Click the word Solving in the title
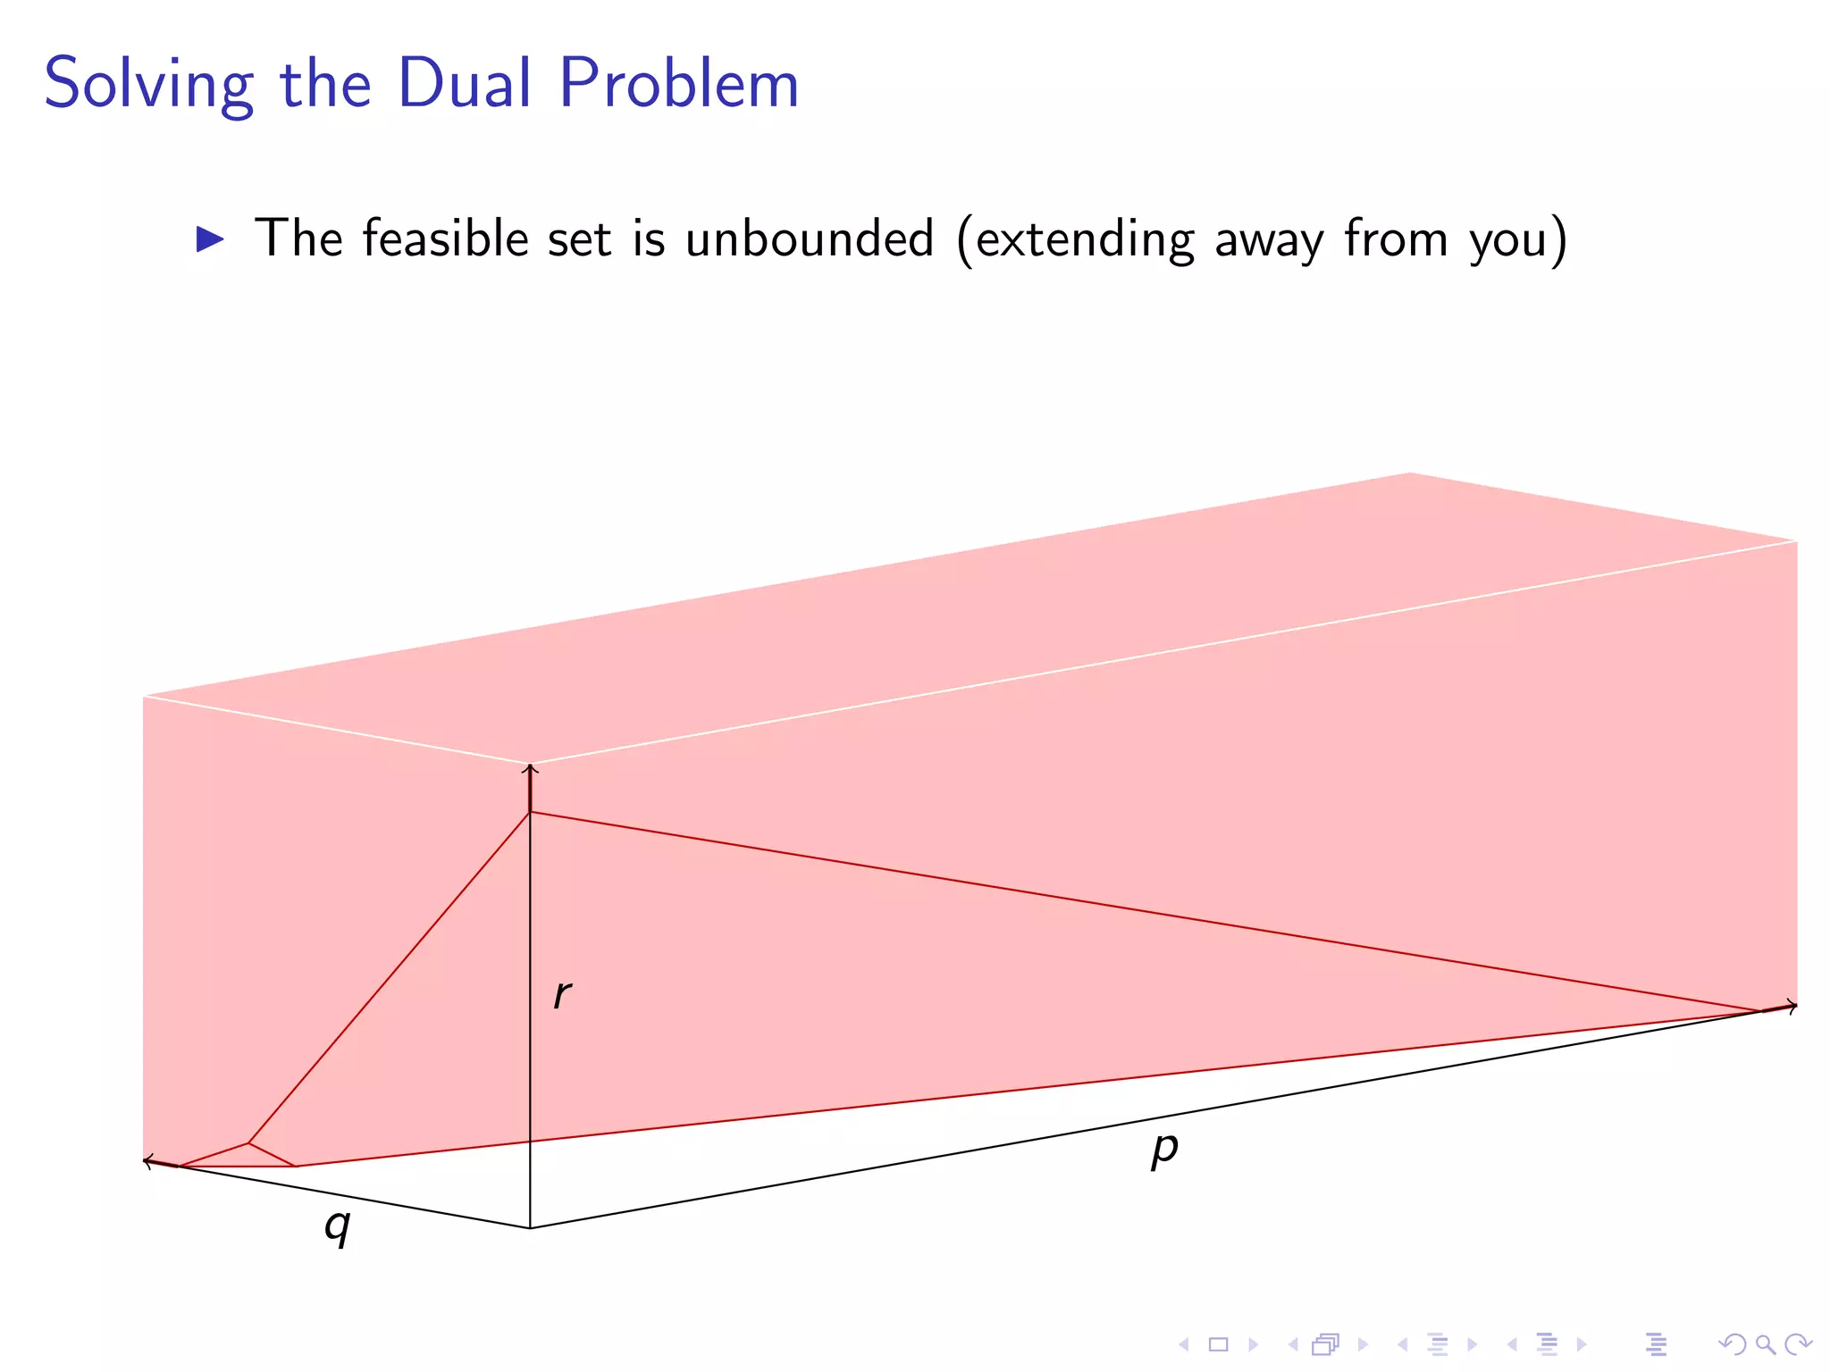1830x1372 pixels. point(148,84)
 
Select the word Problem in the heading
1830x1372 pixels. point(679,84)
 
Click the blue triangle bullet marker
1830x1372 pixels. point(210,239)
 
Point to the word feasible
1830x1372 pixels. point(445,238)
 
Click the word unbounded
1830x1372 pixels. point(810,238)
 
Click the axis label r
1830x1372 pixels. point(562,994)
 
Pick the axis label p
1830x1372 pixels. point(1164,1149)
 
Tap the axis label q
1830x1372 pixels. point(337,1226)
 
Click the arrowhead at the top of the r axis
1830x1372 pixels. point(530,767)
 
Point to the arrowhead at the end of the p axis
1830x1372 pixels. point(1792,1006)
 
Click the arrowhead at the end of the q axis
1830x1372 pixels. point(147,1160)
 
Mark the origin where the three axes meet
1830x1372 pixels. point(530,1228)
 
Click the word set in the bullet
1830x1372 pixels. point(580,238)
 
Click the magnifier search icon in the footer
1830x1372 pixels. point(1765,1344)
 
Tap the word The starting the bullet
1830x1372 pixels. point(298,238)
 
